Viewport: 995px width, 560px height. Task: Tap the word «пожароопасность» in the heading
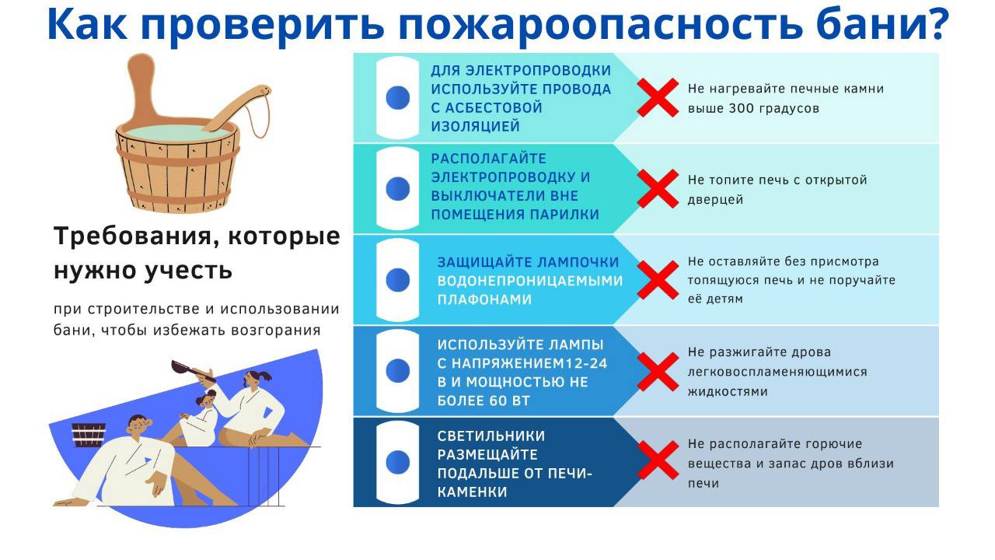tap(600, 26)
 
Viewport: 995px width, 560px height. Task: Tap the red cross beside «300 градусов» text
tap(658, 98)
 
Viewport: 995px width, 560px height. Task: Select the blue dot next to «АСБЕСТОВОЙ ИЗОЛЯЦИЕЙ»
tap(397, 98)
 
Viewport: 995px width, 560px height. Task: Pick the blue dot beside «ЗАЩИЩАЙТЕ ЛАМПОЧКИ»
tap(397, 280)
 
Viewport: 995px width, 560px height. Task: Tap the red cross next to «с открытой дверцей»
tap(658, 189)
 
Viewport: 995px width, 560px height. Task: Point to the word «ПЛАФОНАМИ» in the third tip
tap(484, 299)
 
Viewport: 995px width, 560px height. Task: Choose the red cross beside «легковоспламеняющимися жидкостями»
tap(658, 372)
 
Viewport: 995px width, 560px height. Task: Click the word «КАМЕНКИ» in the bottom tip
tap(472, 492)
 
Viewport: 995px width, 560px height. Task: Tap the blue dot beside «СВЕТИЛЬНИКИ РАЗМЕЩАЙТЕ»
tap(397, 462)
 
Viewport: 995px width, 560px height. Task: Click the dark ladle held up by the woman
tap(190, 369)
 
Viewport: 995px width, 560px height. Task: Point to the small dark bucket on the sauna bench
tap(89, 435)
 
